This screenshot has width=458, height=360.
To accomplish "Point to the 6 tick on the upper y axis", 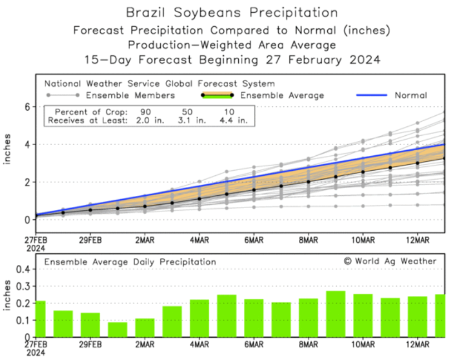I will [26, 107].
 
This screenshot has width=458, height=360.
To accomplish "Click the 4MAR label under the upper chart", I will [199, 240].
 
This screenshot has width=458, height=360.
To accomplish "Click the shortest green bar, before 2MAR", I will [117, 329].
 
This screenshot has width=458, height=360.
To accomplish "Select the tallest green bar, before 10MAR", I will [336, 314].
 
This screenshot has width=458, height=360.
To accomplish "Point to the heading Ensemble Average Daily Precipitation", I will [130, 262].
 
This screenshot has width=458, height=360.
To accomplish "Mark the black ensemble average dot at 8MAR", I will [308, 181].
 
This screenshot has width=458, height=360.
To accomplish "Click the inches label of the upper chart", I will [8, 150].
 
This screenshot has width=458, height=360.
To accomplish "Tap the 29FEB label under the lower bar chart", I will [90, 345].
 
